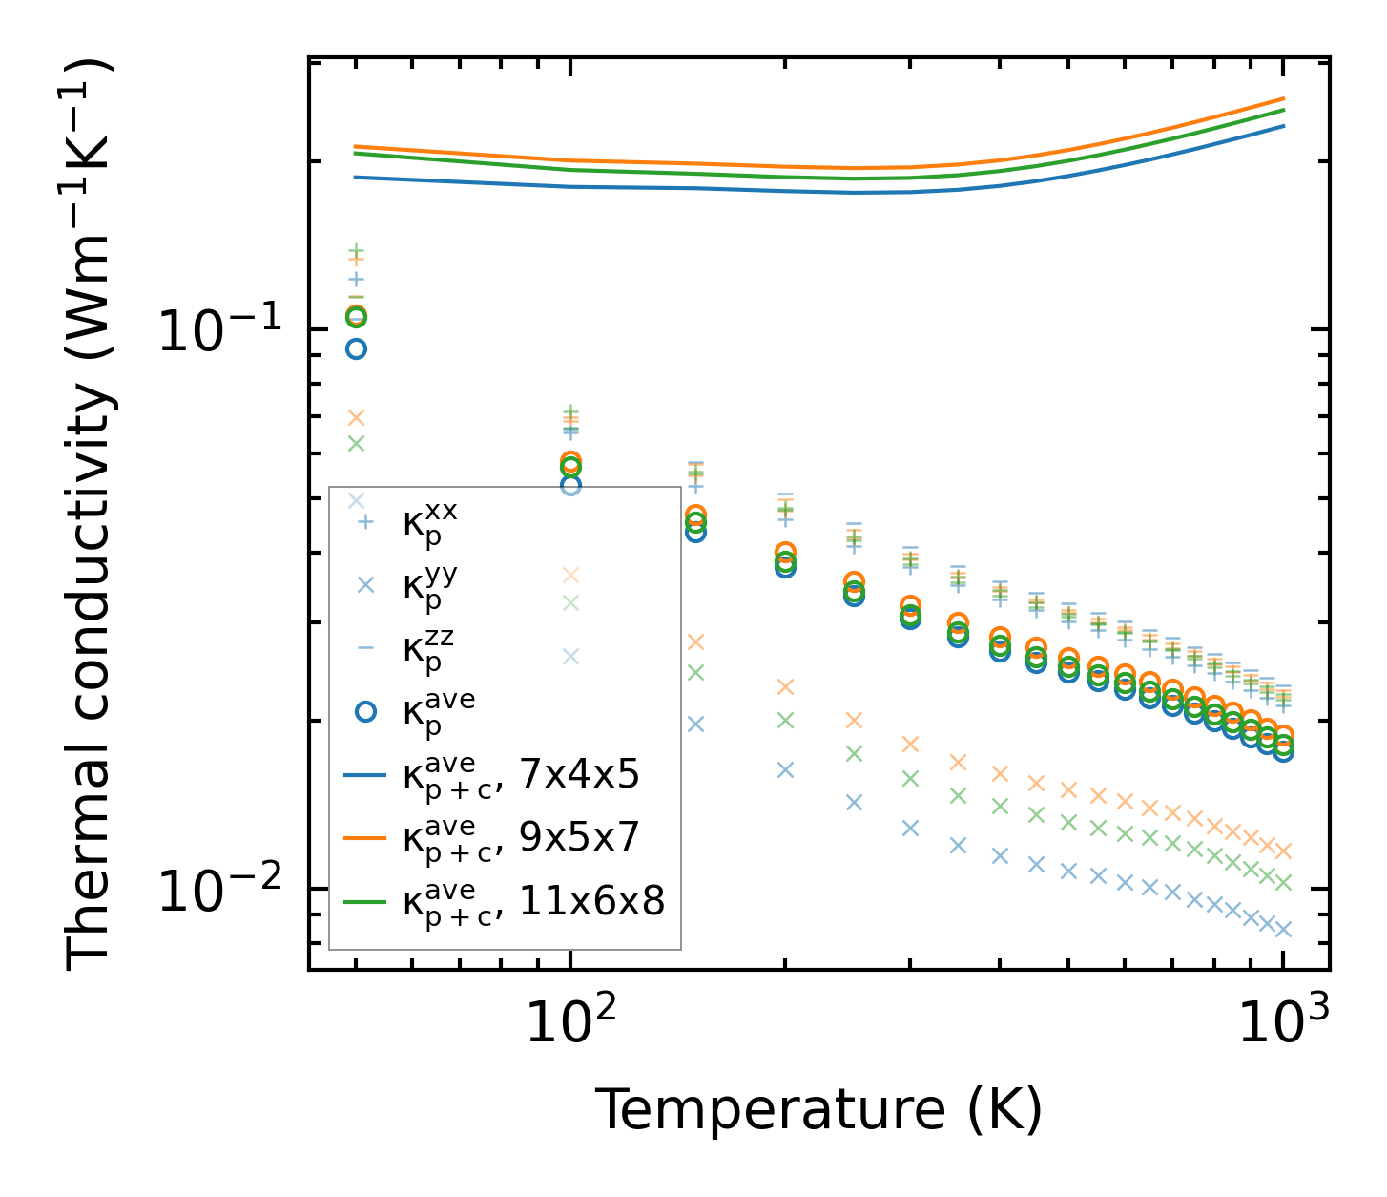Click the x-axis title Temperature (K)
818,1110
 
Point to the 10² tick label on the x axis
570,1024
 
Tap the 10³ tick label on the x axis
1284,1024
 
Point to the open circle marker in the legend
365,711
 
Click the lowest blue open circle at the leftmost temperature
356,348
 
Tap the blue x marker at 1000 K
1283,929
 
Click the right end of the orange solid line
1283,98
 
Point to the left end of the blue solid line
356,177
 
